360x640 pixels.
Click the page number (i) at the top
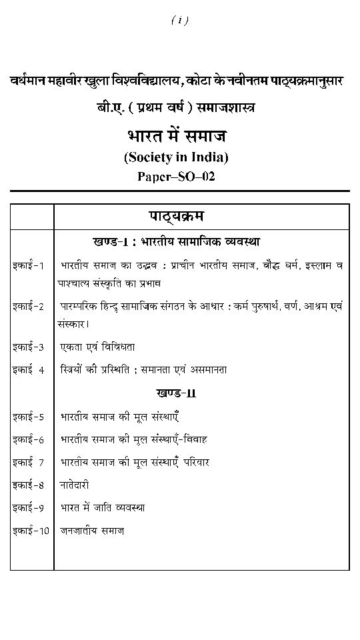[179, 21]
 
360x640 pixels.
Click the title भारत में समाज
[177, 136]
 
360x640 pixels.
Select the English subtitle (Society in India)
[176, 158]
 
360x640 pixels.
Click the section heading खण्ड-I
[175, 241]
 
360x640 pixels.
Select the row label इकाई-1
[28, 265]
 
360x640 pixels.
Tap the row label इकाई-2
[28, 307]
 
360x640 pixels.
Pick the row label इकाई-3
[28, 347]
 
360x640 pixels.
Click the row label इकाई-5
[28, 417]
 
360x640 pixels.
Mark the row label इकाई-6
[28, 440]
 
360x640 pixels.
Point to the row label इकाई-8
[28, 485]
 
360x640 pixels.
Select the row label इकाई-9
[28, 508]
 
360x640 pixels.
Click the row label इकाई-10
[31, 531]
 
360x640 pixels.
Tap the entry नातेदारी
[75, 485]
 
